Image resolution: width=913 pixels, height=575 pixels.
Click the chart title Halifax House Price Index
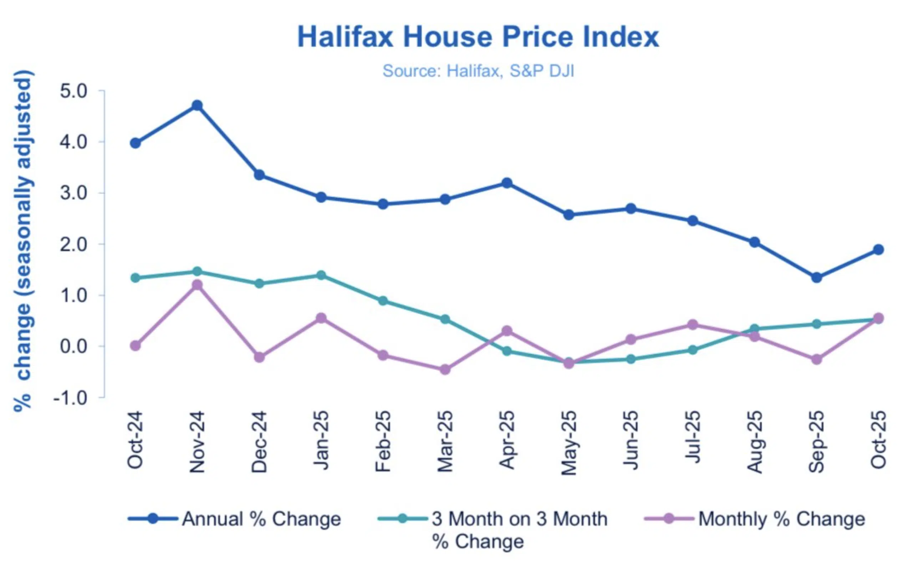click(x=478, y=37)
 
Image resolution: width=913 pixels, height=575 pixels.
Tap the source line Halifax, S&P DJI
click(x=478, y=71)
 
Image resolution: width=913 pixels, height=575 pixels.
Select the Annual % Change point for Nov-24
click(x=197, y=105)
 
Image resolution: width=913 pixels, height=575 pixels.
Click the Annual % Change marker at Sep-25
click(x=817, y=277)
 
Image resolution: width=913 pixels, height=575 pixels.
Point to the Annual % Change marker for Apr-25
click(x=507, y=183)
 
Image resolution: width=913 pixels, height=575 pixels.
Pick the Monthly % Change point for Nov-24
click(x=197, y=285)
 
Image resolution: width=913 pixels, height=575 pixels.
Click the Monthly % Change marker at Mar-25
click(x=445, y=369)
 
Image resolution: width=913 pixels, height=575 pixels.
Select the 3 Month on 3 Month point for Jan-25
click(x=321, y=275)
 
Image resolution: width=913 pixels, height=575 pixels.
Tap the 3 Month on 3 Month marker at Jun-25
click(x=631, y=359)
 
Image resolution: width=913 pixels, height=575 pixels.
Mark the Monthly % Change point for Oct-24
click(x=136, y=345)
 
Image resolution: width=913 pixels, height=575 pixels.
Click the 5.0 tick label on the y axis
click(x=73, y=91)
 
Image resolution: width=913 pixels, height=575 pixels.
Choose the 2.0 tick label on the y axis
click(x=73, y=244)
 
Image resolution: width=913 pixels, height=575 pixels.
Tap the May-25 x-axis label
click(x=569, y=443)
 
